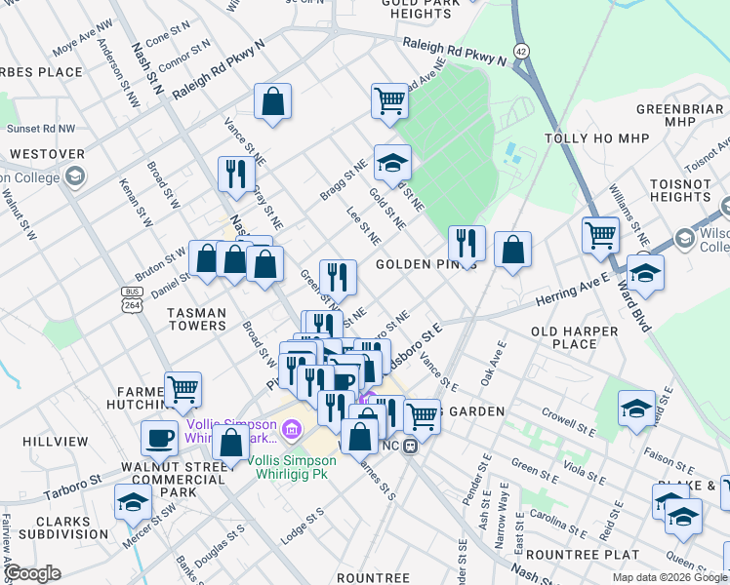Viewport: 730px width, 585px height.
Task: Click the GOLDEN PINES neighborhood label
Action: [x=426, y=265]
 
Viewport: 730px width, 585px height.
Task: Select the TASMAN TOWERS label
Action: [x=183, y=319]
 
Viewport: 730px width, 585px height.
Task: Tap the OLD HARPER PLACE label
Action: [x=575, y=337]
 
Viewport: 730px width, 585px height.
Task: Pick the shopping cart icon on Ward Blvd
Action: [x=600, y=234]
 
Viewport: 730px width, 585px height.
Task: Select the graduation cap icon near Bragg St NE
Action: [x=392, y=163]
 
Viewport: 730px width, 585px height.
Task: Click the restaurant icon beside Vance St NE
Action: [x=236, y=174]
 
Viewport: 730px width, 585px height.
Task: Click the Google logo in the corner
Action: [x=31, y=573]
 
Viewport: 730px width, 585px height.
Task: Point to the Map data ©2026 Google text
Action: [x=669, y=577]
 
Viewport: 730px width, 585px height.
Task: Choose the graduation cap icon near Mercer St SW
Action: [x=133, y=502]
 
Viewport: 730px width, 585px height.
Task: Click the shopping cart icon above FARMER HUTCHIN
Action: [x=182, y=389]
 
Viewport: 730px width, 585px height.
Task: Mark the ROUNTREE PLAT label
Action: [x=568, y=554]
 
